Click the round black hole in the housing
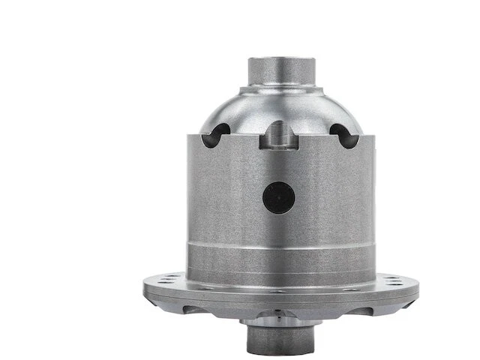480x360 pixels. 278,196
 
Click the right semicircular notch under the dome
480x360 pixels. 341,135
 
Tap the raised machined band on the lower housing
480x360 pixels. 278,255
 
